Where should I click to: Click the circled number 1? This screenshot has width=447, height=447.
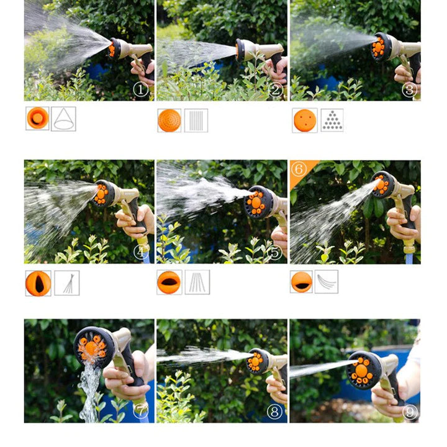pos(141,90)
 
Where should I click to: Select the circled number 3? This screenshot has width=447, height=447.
pos(409,90)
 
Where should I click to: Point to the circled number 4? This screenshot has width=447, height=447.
pos(141,252)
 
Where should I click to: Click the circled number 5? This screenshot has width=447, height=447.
pos(275,252)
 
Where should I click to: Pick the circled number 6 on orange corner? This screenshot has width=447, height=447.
pos(299,169)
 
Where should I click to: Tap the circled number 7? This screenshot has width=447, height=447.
pos(140,410)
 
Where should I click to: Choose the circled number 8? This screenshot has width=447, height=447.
pos(275,411)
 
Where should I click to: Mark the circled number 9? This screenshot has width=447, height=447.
pos(409,411)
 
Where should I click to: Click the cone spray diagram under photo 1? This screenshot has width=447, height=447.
pos(63,119)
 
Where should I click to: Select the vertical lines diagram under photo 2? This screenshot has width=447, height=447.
pos(196,120)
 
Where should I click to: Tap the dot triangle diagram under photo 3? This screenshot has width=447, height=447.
pos(332,120)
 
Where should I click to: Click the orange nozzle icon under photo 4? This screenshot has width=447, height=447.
pos(38,283)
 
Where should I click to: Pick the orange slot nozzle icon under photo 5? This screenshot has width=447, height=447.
pos(169,282)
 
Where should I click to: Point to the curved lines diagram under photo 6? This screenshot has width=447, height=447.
pos(327,282)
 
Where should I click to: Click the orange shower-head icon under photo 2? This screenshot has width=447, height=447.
pos(169,120)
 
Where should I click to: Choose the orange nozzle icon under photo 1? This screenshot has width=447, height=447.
pos(37,118)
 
